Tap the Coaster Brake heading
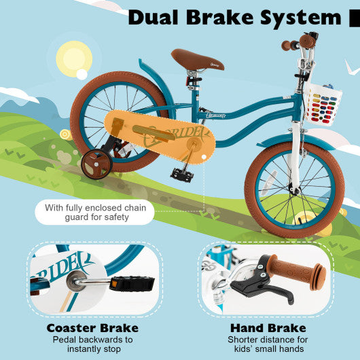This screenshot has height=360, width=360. pos(92,327)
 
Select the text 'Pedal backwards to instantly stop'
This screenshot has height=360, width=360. pos(92,344)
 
